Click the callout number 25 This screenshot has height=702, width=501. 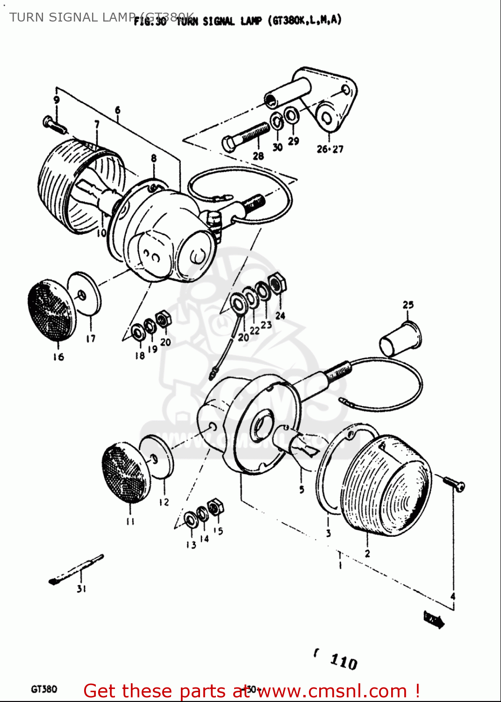click(x=408, y=305)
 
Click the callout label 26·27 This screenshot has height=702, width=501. click(x=330, y=149)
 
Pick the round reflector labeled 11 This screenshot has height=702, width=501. click(x=126, y=473)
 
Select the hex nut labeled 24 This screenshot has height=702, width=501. click(x=278, y=284)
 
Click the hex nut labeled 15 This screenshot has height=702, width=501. click(x=215, y=507)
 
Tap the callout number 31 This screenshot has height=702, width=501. click(x=81, y=589)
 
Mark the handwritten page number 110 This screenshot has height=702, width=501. click(x=344, y=662)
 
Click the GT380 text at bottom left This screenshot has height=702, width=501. click(x=44, y=689)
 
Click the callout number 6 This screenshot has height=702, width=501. click(x=117, y=110)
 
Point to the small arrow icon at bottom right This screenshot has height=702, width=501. click(x=434, y=620)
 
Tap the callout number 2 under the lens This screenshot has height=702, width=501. click(x=367, y=553)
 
